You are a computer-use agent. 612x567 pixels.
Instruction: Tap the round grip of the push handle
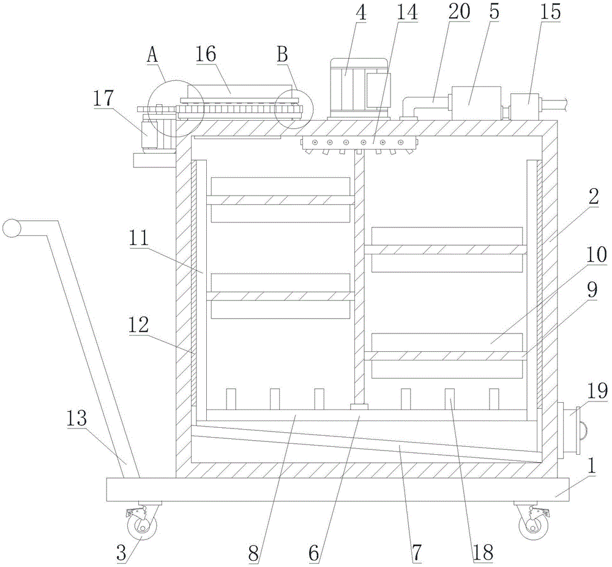pos(11,228)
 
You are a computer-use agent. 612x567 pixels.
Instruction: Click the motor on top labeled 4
pos(359,87)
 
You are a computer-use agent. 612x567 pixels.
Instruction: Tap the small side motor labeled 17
pos(149,133)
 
